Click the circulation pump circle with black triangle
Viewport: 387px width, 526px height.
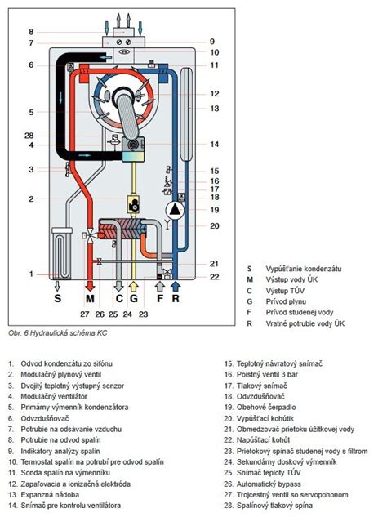175,210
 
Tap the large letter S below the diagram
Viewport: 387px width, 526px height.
58,298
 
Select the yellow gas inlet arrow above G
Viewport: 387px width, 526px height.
133,286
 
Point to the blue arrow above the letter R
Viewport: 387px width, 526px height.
176,286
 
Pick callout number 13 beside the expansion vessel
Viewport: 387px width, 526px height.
214,109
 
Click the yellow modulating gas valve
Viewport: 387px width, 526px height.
133,203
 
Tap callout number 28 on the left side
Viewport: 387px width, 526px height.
29,136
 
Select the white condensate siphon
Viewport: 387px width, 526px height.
62,253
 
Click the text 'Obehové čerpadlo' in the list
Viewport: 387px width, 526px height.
266,408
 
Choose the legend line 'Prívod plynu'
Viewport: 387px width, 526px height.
286,301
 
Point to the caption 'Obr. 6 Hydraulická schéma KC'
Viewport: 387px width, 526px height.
58,333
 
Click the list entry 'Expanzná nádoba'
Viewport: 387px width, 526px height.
50,495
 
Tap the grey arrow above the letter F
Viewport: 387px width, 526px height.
160,286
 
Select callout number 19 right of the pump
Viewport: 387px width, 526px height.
214,210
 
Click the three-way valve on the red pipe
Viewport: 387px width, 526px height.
90,235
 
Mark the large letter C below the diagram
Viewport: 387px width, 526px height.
119,298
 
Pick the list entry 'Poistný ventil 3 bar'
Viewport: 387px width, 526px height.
267,374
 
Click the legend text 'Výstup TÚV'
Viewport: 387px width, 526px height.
285,291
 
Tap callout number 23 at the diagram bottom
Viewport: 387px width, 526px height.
143,314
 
